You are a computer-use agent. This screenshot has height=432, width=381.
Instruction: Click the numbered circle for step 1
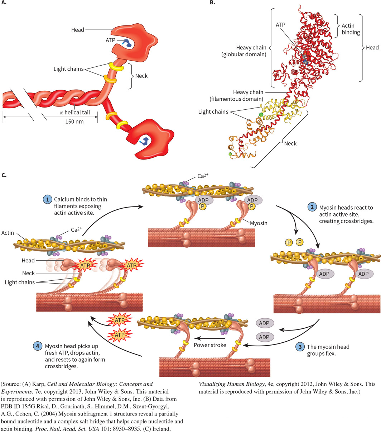pos(47,199)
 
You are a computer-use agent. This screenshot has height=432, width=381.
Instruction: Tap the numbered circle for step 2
pos(312,207)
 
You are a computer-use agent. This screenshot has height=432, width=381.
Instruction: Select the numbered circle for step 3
pos(300,347)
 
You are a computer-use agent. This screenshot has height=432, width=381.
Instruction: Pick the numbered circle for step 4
pos(38,347)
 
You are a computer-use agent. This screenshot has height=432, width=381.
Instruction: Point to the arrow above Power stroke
pos(210,338)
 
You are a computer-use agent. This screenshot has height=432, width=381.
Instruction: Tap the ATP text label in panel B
pos(281,25)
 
